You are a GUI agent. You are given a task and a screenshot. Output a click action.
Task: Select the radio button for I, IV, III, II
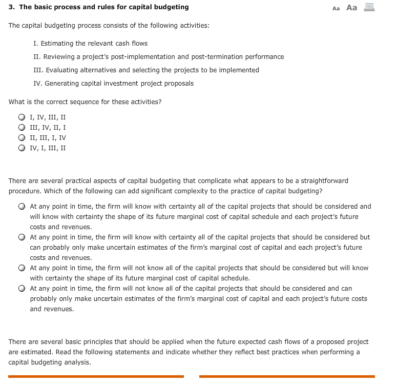22,117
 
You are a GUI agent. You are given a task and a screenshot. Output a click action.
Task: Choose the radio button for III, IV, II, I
22,127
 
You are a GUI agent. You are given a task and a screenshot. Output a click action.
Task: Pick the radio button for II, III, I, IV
22,137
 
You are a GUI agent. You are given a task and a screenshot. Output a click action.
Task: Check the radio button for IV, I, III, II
22,148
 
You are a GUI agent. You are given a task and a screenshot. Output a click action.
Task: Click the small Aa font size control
336,8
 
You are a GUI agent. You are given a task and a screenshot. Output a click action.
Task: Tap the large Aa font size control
351,8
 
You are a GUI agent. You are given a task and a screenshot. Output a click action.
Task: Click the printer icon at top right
369,7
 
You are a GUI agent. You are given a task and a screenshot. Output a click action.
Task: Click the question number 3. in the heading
11,7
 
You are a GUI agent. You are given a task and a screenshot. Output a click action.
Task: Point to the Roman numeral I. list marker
35,44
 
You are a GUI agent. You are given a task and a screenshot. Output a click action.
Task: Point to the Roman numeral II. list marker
36,57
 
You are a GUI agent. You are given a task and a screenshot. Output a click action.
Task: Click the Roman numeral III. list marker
37,70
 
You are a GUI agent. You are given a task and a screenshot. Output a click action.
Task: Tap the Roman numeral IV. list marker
37,84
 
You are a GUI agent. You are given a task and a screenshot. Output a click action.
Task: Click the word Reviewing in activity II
59,57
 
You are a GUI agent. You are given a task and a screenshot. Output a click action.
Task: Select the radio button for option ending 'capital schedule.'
22,268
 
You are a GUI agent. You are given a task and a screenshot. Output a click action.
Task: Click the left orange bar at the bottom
96,376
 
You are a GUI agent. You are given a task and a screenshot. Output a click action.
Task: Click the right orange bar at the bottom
287,376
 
